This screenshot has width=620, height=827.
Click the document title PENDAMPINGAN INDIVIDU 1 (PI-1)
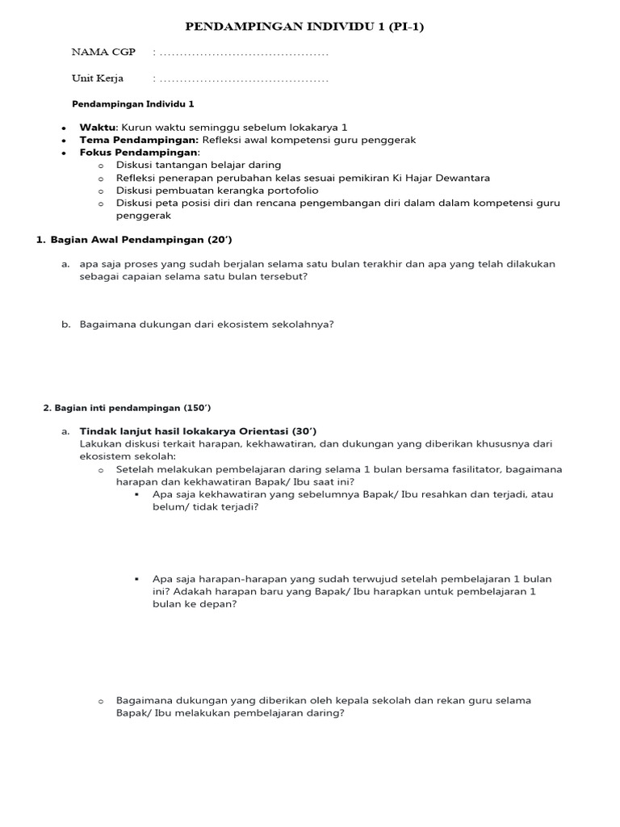304,27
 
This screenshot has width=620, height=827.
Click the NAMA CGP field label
103,52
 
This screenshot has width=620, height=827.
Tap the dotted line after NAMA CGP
244,53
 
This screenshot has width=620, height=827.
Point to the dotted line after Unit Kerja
244,79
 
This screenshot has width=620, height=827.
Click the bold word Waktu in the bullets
98,128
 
